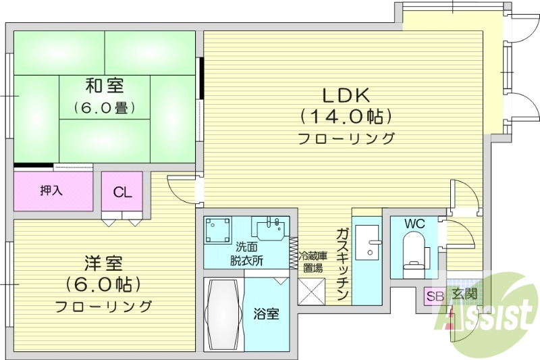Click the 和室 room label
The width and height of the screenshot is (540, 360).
click(103, 86)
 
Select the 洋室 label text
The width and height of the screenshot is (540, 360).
click(103, 261)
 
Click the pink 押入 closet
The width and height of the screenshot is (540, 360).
click(53, 191)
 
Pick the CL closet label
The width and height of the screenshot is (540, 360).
click(122, 192)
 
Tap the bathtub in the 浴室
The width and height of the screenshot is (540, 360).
click(223, 315)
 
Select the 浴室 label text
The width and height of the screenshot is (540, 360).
click(265, 314)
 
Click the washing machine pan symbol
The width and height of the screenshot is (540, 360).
click(219, 230)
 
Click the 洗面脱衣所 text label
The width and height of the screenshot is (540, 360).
click(246, 254)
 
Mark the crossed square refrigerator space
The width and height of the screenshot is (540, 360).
click(312, 291)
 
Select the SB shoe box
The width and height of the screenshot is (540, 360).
click(433, 296)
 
